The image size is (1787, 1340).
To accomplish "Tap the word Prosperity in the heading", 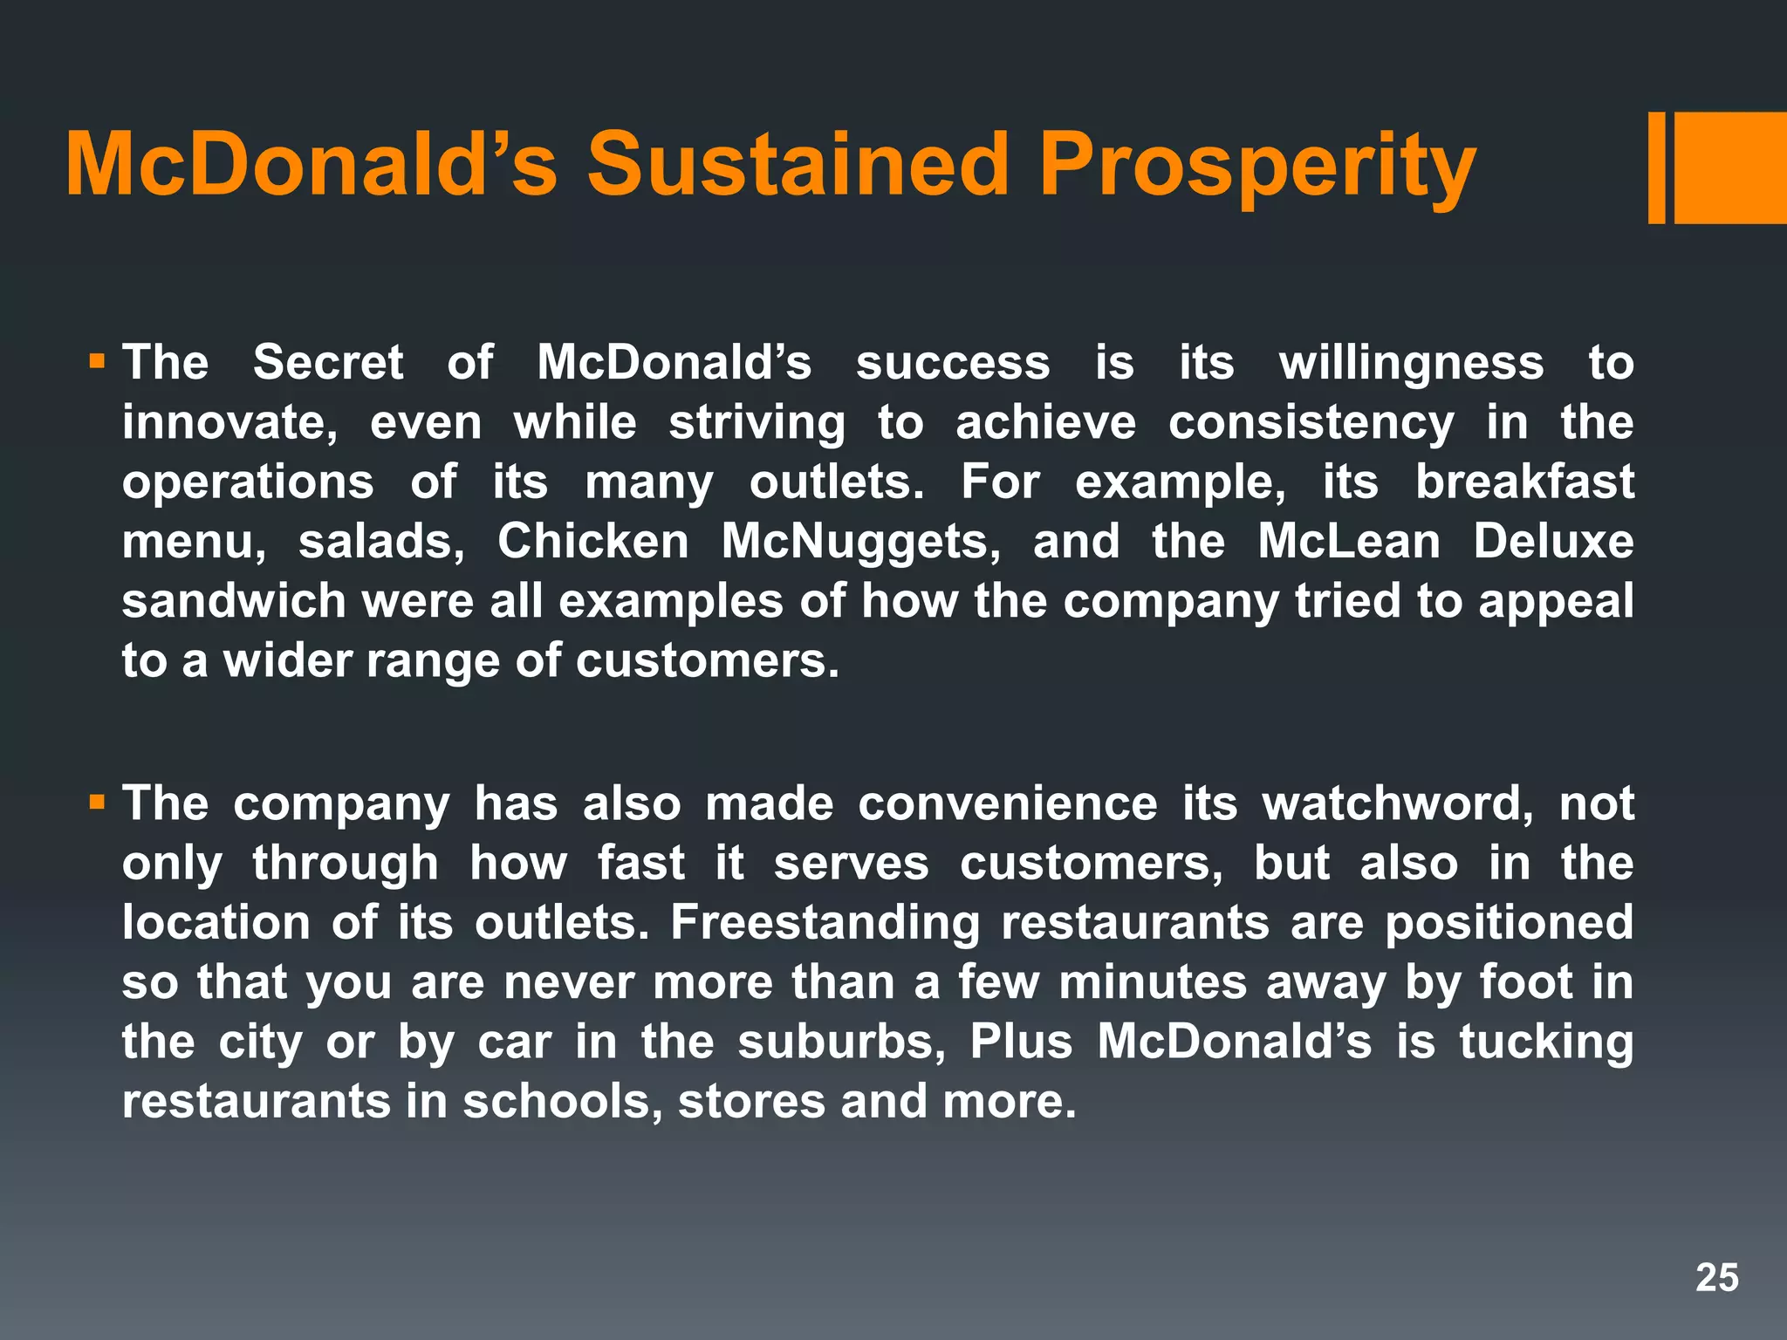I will tap(1257, 166).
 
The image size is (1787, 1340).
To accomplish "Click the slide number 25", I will tap(1716, 1278).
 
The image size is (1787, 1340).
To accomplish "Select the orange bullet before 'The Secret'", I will tap(97, 359).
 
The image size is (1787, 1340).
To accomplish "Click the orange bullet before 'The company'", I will tap(97, 800).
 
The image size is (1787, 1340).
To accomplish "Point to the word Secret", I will tap(328, 362).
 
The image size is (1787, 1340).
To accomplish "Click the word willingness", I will tap(1411, 362).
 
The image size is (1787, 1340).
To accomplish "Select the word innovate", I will tap(229, 423).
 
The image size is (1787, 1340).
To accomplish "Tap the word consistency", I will tap(1311, 423).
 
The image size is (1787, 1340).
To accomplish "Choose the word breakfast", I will tap(1524, 482).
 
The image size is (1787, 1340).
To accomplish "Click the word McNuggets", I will tap(861, 542).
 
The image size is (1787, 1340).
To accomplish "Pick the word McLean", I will tap(1349, 542).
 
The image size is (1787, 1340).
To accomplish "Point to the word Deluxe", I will tap(1553, 542).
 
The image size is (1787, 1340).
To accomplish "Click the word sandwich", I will tap(234, 601).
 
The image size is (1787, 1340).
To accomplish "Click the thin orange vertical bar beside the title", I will tap(1656, 167).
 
